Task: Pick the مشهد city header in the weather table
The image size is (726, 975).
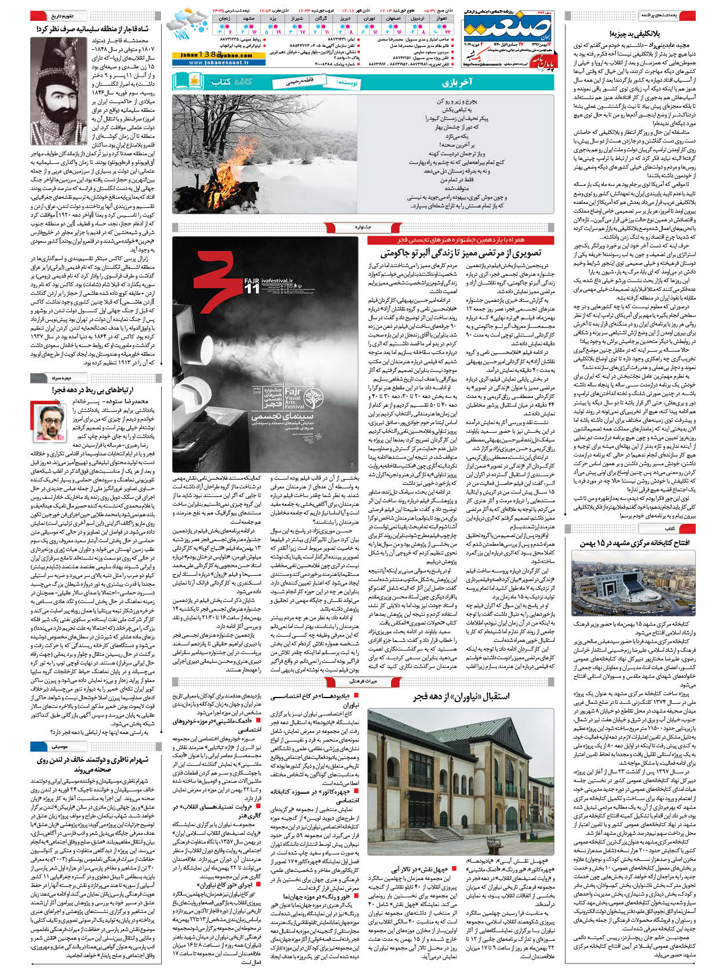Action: click(249, 19)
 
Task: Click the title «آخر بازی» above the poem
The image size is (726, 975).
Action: click(469, 82)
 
